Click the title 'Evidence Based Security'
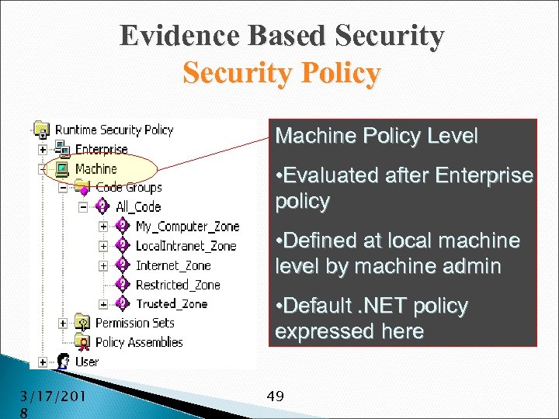coord(282,36)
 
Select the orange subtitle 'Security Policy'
coord(282,74)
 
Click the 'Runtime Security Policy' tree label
coord(114,130)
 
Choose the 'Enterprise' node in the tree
coord(102,149)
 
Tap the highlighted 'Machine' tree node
coord(96,168)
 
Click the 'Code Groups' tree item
coord(128,187)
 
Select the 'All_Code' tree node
coord(137,206)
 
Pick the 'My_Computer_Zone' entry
coord(187,226)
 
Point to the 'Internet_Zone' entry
coord(173,265)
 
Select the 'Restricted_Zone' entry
coord(178,284)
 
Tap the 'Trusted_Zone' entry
coord(172,303)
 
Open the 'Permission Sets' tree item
coord(134,322)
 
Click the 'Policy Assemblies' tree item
coord(139,341)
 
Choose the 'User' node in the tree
coord(87,361)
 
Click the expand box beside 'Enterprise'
coord(42,149)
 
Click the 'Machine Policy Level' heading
coord(377,137)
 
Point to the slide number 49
coord(275,396)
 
